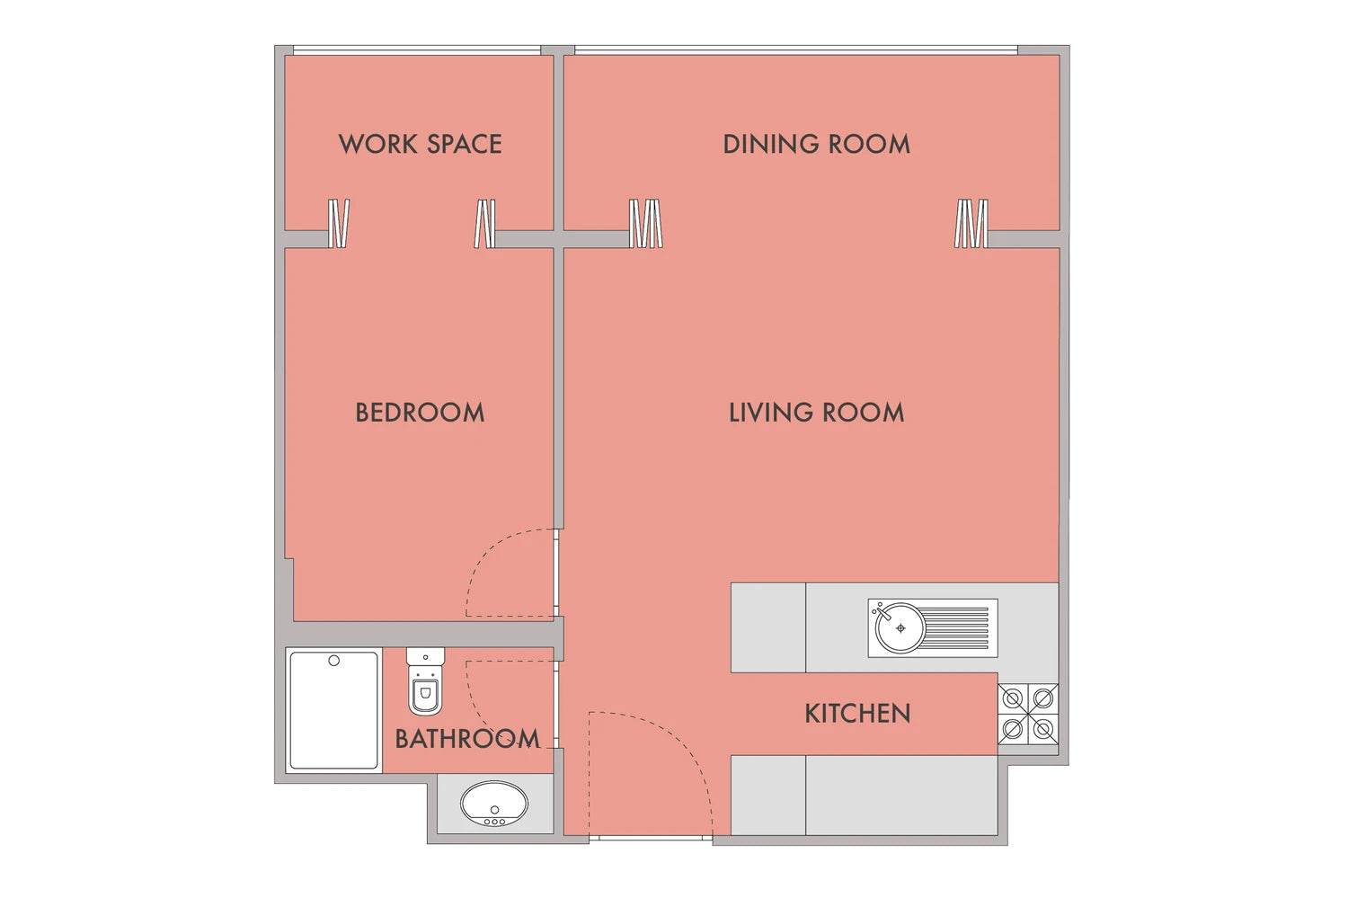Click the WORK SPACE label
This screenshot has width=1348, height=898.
pyautogui.click(x=420, y=145)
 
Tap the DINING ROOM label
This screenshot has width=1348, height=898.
pyautogui.click(x=817, y=145)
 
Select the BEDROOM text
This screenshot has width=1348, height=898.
pyautogui.click(x=420, y=413)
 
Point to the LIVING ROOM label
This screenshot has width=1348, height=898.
pyautogui.click(x=817, y=413)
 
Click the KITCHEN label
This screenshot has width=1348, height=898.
pyautogui.click(x=857, y=714)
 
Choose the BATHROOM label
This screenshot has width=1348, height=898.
pyautogui.click(x=467, y=739)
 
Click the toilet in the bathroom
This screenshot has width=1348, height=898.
pyautogui.click(x=425, y=680)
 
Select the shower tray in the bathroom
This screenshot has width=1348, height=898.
pyautogui.click(x=334, y=710)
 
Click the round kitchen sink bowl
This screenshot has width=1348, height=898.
pyautogui.click(x=900, y=628)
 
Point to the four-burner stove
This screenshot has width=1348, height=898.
pyautogui.click(x=1028, y=715)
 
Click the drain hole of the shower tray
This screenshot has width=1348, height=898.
pyautogui.click(x=334, y=661)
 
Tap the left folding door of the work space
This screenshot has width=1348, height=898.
pyautogui.click(x=339, y=223)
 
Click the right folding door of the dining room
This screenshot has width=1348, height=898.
pyautogui.click(x=971, y=223)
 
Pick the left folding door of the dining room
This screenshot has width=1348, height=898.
pyautogui.click(x=646, y=223)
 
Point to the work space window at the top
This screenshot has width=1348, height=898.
pyautogui.click(x=417, y=50)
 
